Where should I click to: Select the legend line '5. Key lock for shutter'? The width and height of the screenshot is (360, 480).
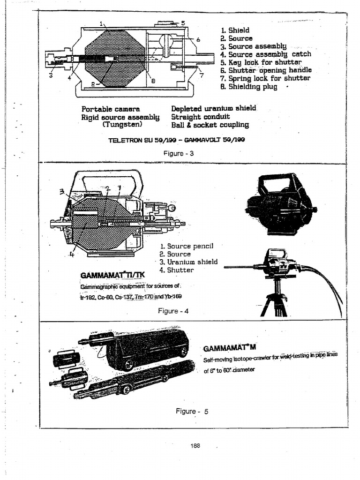(x=261, y=62)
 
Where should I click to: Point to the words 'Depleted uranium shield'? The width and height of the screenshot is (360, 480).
(x=214, y=108)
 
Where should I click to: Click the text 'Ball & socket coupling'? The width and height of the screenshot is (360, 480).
(x=210, y=125)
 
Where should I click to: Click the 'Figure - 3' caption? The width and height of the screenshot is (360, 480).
(x=176, y=153)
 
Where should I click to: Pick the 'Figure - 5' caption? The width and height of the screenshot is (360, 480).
(x=191, y=411)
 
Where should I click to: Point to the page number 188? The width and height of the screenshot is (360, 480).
(x=195, y=446)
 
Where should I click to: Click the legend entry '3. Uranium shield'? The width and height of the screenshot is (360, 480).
(x=188, y=262)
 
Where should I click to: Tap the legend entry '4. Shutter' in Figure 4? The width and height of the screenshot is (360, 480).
(x=176, y=270)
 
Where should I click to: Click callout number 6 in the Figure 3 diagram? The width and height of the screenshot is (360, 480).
(x=198, y=40)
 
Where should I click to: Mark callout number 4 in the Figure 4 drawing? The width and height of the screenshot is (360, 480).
(x=73, y=255)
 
